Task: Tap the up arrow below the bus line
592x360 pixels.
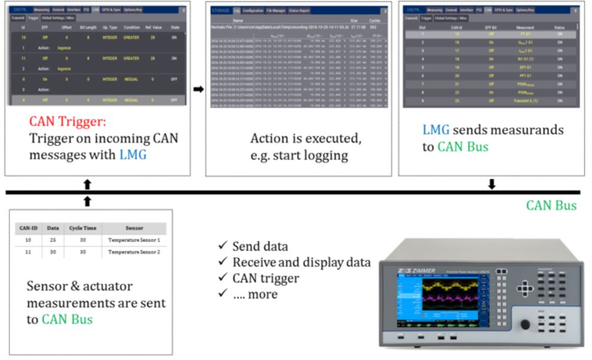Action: (x=87, y=201)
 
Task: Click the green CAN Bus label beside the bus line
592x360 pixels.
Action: (x=551, y=206)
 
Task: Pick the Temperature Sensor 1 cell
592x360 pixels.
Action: (x=134, y=240)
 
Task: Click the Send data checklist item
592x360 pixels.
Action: (x=260, y=246)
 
